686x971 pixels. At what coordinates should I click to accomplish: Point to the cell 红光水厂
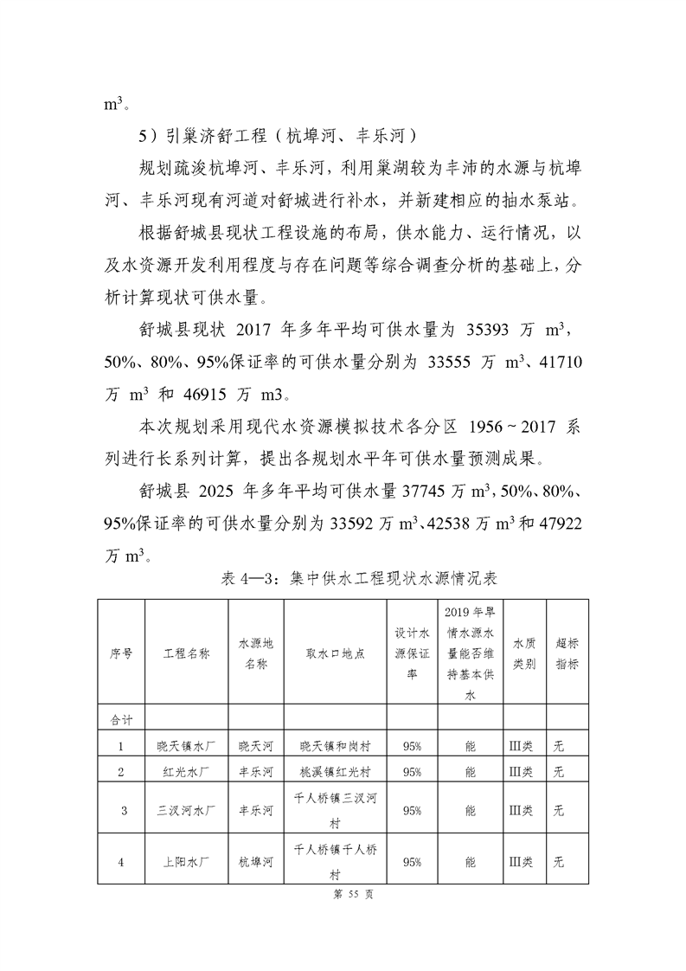[x=186, y=771]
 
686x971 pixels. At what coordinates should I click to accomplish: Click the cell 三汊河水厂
[x=186, y=811]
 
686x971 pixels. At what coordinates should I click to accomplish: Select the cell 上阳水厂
[x=186, y=862]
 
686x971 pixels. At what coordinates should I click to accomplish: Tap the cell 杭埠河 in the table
[x=256, y=862]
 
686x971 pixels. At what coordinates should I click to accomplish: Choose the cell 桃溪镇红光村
[x=335, y=771]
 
